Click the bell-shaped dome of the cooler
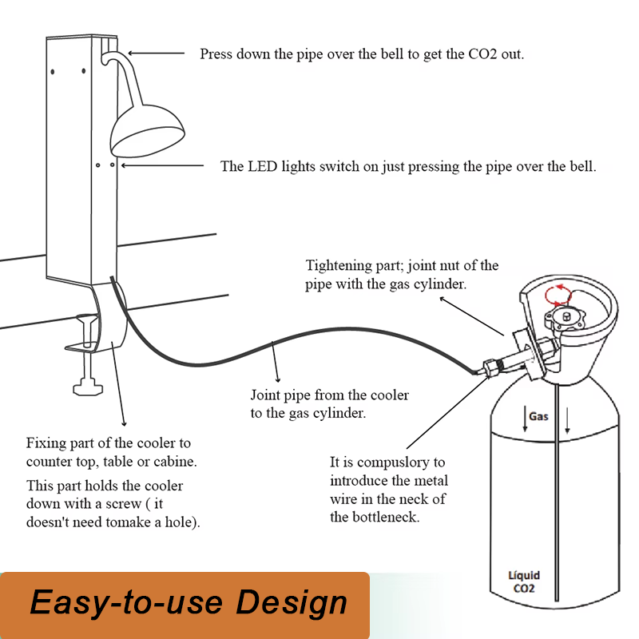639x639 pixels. (x=147, y=130)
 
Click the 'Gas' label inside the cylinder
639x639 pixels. (x=538, y=416)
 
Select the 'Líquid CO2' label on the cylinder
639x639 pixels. (x=524, y=582)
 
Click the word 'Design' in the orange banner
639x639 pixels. (x=292, y=603)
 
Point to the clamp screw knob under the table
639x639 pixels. (x=88, y=387)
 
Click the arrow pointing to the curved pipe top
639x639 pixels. (x=157, y=53)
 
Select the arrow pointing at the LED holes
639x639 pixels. (x=162, y=165)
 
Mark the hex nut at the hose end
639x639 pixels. (x=491, y=367)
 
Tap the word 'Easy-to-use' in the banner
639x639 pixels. (x=126, y=603)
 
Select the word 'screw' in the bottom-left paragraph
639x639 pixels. (x=123, y=504)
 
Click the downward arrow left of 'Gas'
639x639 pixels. (x=525, y=419)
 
